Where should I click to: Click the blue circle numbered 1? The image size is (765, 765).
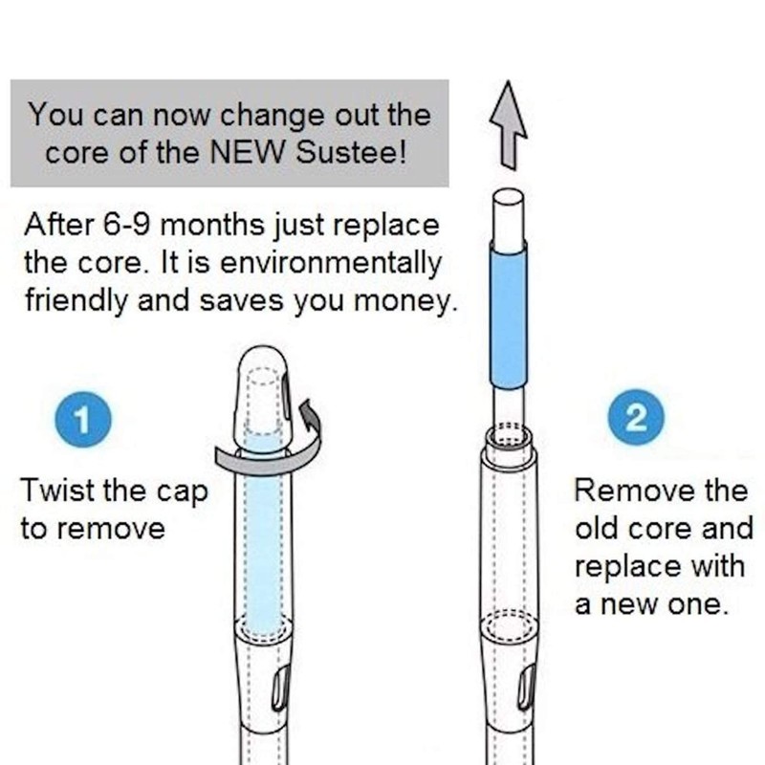pyautogui.click(x=84, y=419)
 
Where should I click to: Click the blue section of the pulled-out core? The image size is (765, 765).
pyautogui.click(x=509, y=311)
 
